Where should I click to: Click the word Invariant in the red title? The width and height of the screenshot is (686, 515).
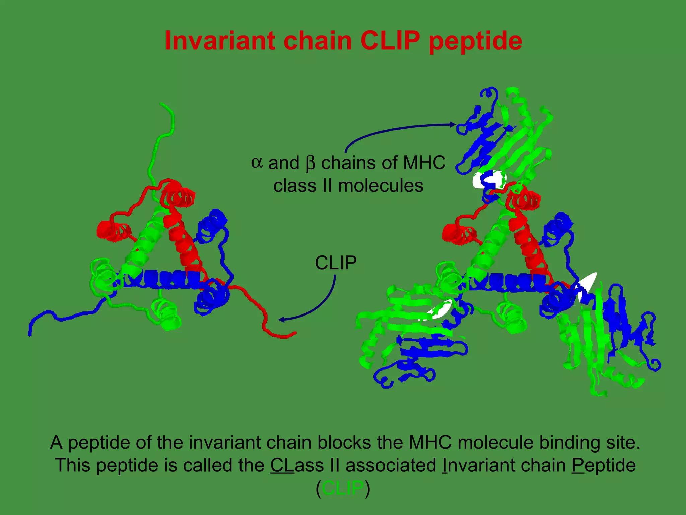(x=220, y=41)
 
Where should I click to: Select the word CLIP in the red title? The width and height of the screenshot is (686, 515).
(x=390, y=41)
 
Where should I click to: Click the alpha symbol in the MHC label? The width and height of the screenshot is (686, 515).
(x=257, y=163)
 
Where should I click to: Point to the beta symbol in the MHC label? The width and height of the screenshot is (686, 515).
(x=311, y=164)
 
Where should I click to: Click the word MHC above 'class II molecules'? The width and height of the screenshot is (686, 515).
(x=424, y=163)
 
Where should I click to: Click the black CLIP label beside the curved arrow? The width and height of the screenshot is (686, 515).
(x=336, y=263)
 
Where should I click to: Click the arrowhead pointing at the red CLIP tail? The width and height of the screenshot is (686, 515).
(x=282, y=320)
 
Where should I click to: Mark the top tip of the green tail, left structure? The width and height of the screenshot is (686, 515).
(x=162, y=104)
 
